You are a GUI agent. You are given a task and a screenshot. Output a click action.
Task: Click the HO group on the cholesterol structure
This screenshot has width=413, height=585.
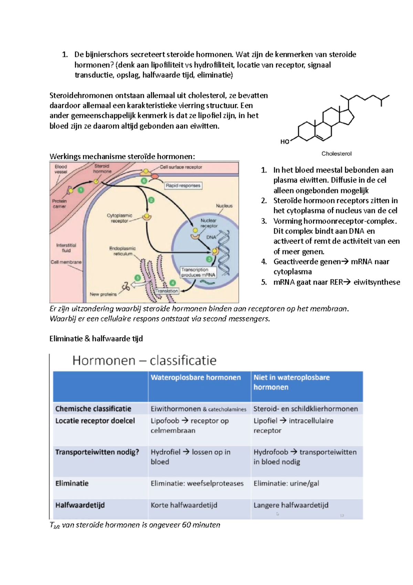click(x=285, y=142)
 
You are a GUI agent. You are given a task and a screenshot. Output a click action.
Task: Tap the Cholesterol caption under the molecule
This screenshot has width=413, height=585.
click(x=336, y=154)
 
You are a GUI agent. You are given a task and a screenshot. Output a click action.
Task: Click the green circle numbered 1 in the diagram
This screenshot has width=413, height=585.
click(x=81, y=190)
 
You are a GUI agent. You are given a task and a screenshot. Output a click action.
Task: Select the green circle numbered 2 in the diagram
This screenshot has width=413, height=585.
click(x=151, y=200)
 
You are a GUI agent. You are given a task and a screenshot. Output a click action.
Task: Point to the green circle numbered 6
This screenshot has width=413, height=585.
click(x=144, y=181)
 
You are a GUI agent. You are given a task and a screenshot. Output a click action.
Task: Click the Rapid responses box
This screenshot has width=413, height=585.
click(x=183, y=186)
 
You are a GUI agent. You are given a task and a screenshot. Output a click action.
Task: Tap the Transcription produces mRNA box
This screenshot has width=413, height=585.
click(x=198, y=272)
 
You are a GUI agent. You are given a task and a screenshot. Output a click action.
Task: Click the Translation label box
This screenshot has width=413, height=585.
click(x=167, y=291)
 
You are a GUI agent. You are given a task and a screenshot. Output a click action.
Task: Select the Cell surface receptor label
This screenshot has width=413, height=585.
click(x=181, y=167)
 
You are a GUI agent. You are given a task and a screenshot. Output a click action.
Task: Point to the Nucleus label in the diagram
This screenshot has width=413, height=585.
click(x=224, y=206)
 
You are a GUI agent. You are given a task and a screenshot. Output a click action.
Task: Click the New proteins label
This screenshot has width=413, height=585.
click(x=103, y=294)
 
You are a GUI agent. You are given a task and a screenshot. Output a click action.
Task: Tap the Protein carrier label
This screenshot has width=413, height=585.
click(x=59, y=204)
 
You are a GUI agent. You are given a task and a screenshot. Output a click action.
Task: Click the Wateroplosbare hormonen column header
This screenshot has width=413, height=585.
click(x=195, y=377)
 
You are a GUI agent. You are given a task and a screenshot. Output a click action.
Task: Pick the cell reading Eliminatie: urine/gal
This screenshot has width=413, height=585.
click(x=286, y=483)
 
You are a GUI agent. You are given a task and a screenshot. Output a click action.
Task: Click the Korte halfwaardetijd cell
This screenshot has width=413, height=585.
click(x=184, y=505)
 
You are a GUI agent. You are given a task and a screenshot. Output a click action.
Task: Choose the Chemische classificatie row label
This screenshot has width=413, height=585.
click(x=93, y=409)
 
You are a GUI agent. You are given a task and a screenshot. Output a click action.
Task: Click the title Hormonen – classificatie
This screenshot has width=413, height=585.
click(x=144, y=360)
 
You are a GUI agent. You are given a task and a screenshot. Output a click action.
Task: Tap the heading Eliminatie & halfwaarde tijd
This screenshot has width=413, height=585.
click(x=96, y=339)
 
